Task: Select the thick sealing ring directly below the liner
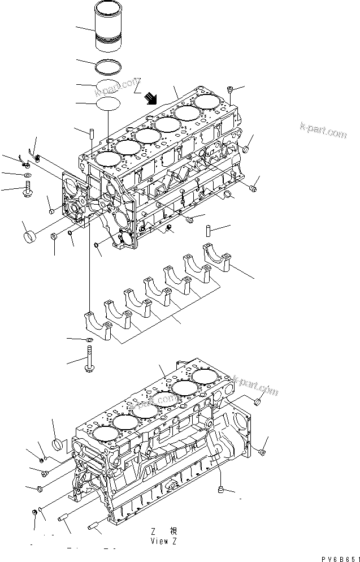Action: coord(109,66)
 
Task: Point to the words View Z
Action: coord(164,541)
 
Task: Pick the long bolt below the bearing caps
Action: coord(90,360)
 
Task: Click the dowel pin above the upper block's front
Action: coord(90,136)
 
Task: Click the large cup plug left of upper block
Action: coord(31,233)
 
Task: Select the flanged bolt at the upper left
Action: coord(27,191)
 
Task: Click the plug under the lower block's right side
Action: coord(222,488)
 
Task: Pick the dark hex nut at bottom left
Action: coord(36,512)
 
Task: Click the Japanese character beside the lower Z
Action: coord(174,531)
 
